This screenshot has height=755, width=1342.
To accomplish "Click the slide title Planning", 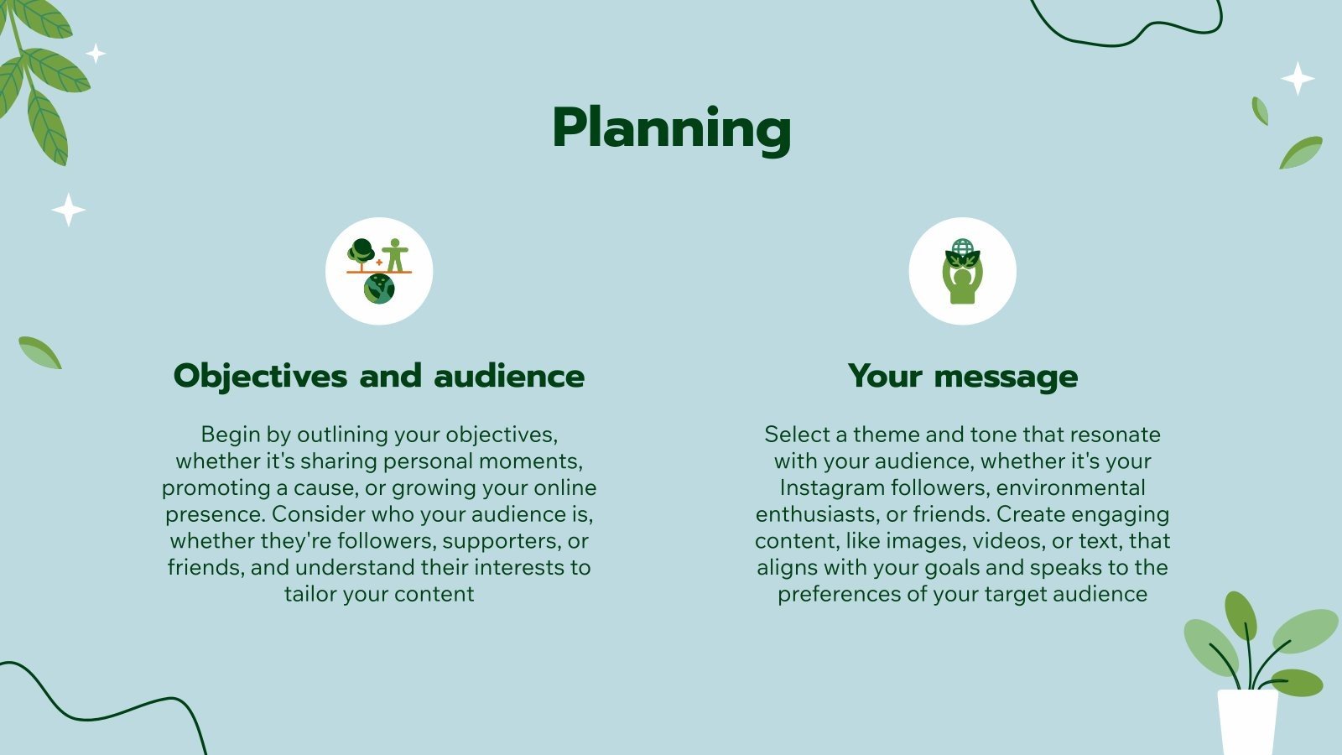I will coord(671,128).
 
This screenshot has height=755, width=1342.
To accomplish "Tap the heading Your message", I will coord(962,376).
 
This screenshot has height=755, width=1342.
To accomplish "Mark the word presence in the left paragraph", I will coord(215,514).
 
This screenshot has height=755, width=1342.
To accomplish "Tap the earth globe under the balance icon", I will coord(379,289).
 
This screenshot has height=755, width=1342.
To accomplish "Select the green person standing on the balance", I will coord(395,255).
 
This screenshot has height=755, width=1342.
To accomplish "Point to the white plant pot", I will coord(1247,721).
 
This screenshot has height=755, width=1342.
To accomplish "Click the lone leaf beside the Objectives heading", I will coord(39,352).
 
